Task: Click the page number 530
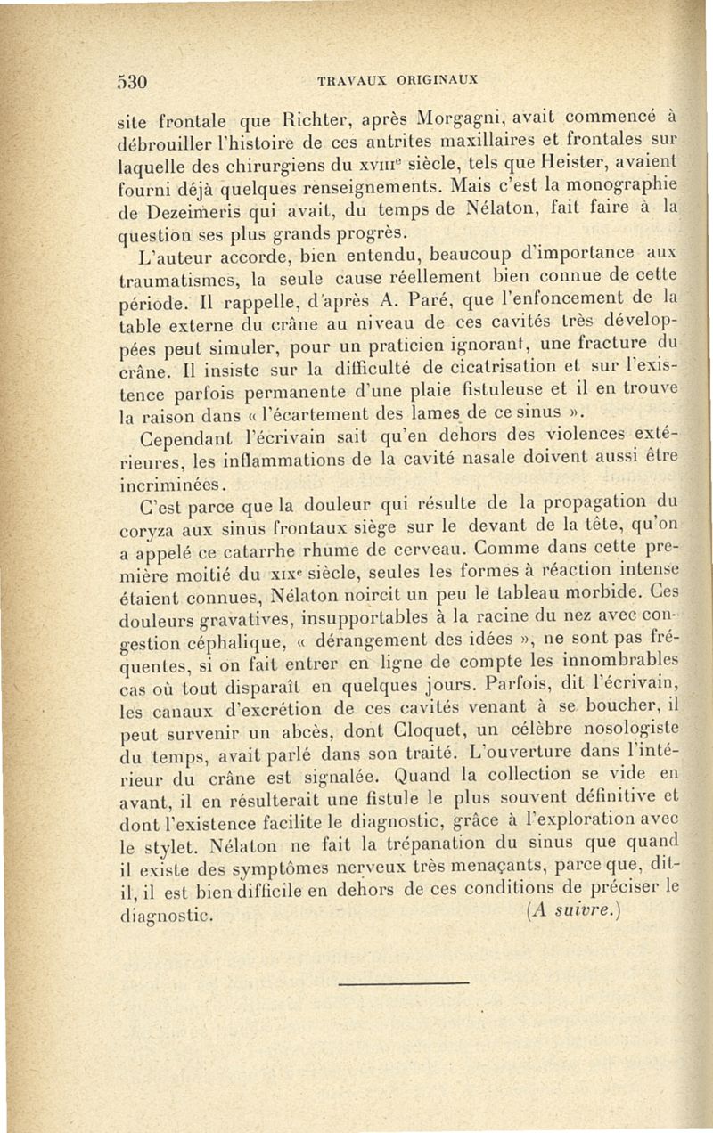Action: click(x=131, y=77)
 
